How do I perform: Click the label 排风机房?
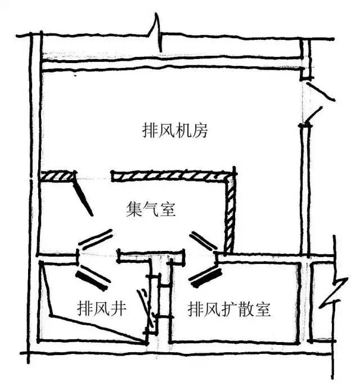click(x=175, y=131)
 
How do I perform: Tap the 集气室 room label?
click(x=150, y=210)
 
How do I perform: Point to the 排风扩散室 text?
click(x=229, y=309)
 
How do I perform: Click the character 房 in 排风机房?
click(x=201, y=131)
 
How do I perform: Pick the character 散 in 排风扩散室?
click(x=246, y=309)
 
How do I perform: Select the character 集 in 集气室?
click(x=133, y=210)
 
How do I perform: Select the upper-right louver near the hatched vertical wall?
click(x=204, y=241)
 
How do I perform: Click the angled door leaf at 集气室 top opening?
click(x=83, y=197)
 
